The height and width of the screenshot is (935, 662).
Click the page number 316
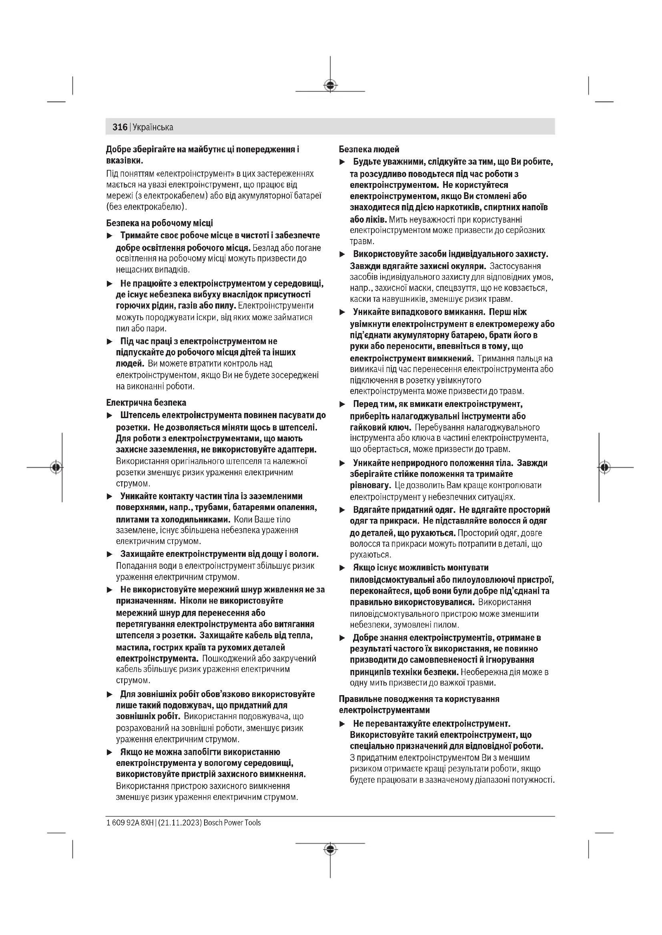click(120, 127)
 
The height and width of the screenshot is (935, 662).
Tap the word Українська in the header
click(153, 127)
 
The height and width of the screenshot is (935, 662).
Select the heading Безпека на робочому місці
click(159, 223)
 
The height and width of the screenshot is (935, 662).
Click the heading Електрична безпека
click(146, 403)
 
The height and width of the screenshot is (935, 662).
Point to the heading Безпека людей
click(369, 150)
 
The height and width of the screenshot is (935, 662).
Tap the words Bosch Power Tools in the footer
click(232, 823)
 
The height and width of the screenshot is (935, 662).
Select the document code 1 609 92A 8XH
click(130, 823)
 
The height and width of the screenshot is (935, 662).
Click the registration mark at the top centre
click(330, 86)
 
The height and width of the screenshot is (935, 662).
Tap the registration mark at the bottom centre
click(330, 849)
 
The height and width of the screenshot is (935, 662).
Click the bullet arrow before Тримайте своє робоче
click(109, 236)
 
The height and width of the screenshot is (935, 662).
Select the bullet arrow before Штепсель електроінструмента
click(109, 416)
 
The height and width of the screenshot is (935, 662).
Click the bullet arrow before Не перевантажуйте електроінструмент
click(343, 724)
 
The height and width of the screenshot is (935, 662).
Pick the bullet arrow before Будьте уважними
click(343, 162)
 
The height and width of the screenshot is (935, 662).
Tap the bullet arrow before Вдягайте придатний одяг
click(343, 510)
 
